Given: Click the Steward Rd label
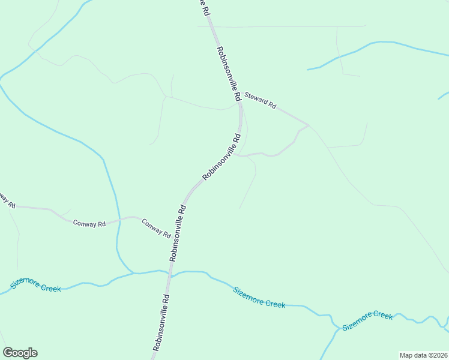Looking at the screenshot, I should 261,100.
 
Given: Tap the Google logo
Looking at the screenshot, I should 20,353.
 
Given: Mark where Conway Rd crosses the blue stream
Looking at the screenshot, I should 117,220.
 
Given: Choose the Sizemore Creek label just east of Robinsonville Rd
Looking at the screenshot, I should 259,297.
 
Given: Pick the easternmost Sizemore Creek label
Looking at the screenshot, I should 367,320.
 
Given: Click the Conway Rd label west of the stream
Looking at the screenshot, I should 89,223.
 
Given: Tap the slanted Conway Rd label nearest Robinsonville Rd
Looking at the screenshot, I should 156,229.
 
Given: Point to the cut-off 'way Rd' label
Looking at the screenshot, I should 7,199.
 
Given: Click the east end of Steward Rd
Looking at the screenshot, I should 308,125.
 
